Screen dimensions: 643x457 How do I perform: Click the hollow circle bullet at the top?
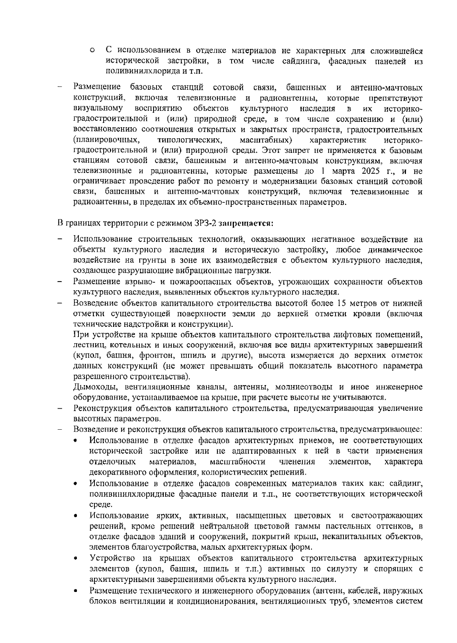(93, 51)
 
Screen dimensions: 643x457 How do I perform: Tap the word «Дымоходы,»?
(91, 387)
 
